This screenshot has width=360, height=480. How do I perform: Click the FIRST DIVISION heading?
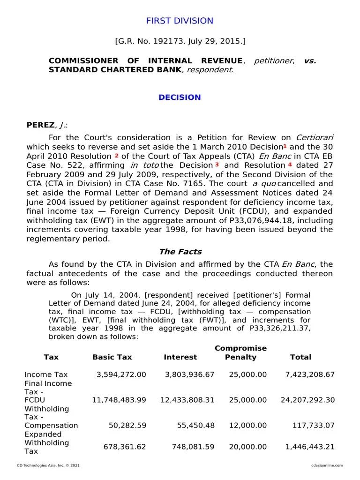coord(180,21)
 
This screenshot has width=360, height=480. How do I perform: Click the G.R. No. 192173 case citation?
coord(180,41)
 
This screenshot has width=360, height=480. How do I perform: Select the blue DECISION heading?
coord(180,97)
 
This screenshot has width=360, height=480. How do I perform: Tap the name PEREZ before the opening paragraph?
coord(41,125)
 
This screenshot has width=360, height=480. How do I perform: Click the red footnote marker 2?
coord(116,155)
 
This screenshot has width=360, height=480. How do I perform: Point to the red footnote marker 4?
coord(290,165)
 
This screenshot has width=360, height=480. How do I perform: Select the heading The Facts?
coord(180,251)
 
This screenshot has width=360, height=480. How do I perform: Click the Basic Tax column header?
coord(112,357)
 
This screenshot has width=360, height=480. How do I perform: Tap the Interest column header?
coord(180,357)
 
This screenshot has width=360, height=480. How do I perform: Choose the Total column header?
coord(300,357)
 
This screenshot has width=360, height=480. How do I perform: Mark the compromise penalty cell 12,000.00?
coord(247,426)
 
